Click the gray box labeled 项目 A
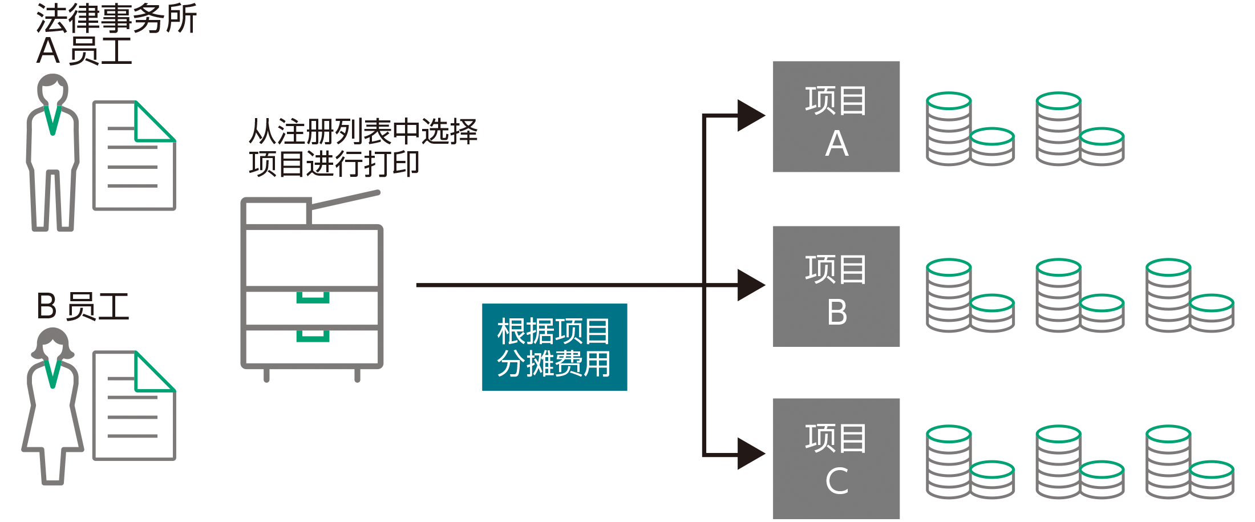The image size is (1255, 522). pos(836,116)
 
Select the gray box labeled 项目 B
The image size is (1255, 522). pos(836,286)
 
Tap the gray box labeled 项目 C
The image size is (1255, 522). pos(836,459)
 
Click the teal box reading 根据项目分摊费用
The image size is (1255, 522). pos(554,347)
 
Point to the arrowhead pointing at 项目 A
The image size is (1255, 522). pos(751,116)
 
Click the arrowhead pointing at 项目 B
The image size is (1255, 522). pos(751,285)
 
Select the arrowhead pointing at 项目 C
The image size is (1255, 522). pos(751,454)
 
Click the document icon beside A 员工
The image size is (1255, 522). pos(134,155)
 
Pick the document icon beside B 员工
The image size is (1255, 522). pos(134,405)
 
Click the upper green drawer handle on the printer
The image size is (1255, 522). pos(313,298)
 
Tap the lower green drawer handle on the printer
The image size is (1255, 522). pos(313,336)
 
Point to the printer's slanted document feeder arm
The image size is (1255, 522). pos(345,199)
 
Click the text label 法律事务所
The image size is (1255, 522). pos(116,18)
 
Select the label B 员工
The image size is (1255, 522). pos(83,306)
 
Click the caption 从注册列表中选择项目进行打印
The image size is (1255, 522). pos(363,148)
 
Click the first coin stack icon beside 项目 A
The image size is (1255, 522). pos(970,129)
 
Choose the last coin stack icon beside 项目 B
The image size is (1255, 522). pos(1190,296)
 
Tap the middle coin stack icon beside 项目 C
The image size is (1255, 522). pos(1080,462)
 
